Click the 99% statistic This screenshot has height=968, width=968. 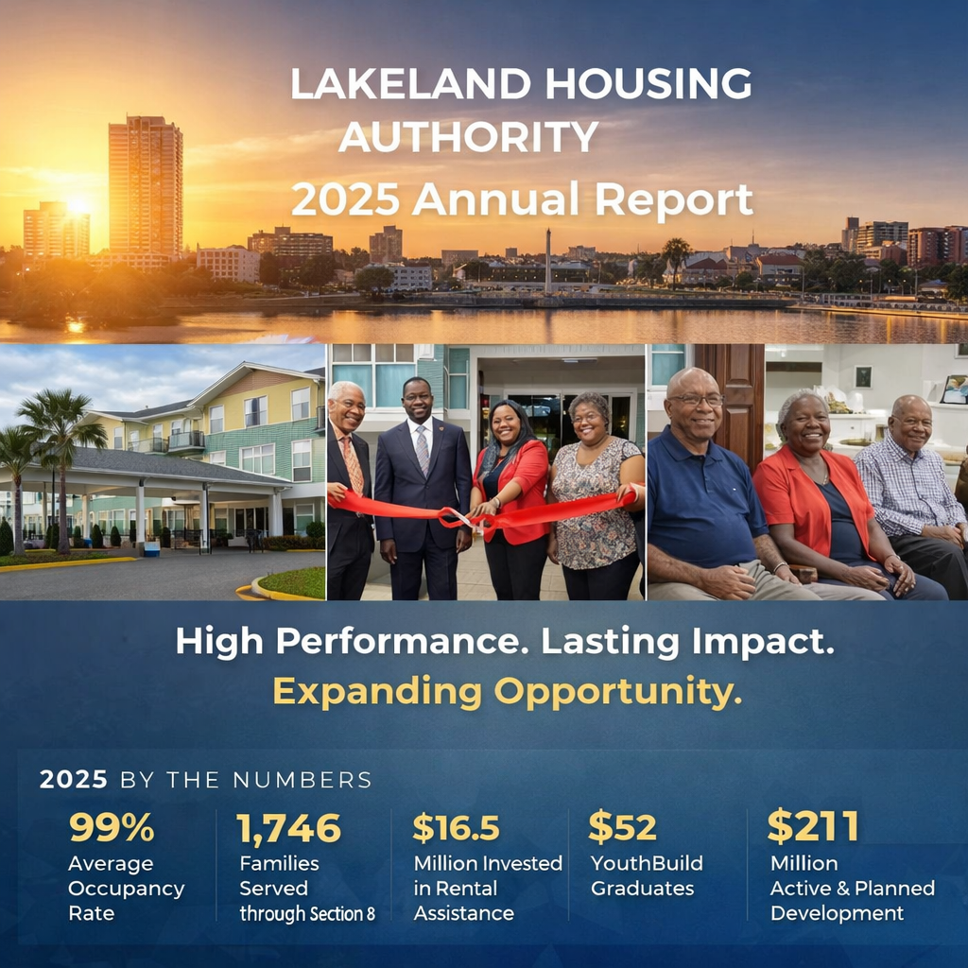[111, 827]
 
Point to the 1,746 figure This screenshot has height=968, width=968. [289, 828]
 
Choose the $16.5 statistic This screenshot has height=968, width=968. [456, 827]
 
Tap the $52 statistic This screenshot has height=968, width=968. [622, 827]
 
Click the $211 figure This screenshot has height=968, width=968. [812, 826]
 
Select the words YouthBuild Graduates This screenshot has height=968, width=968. [647, 875]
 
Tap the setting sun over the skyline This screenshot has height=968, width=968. [76, 205]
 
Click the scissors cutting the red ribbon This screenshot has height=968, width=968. [459, 517]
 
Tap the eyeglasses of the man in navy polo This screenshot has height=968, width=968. [697, 399]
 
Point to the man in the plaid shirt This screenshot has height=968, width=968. [907, 482]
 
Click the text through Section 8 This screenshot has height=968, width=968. [307, 913]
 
